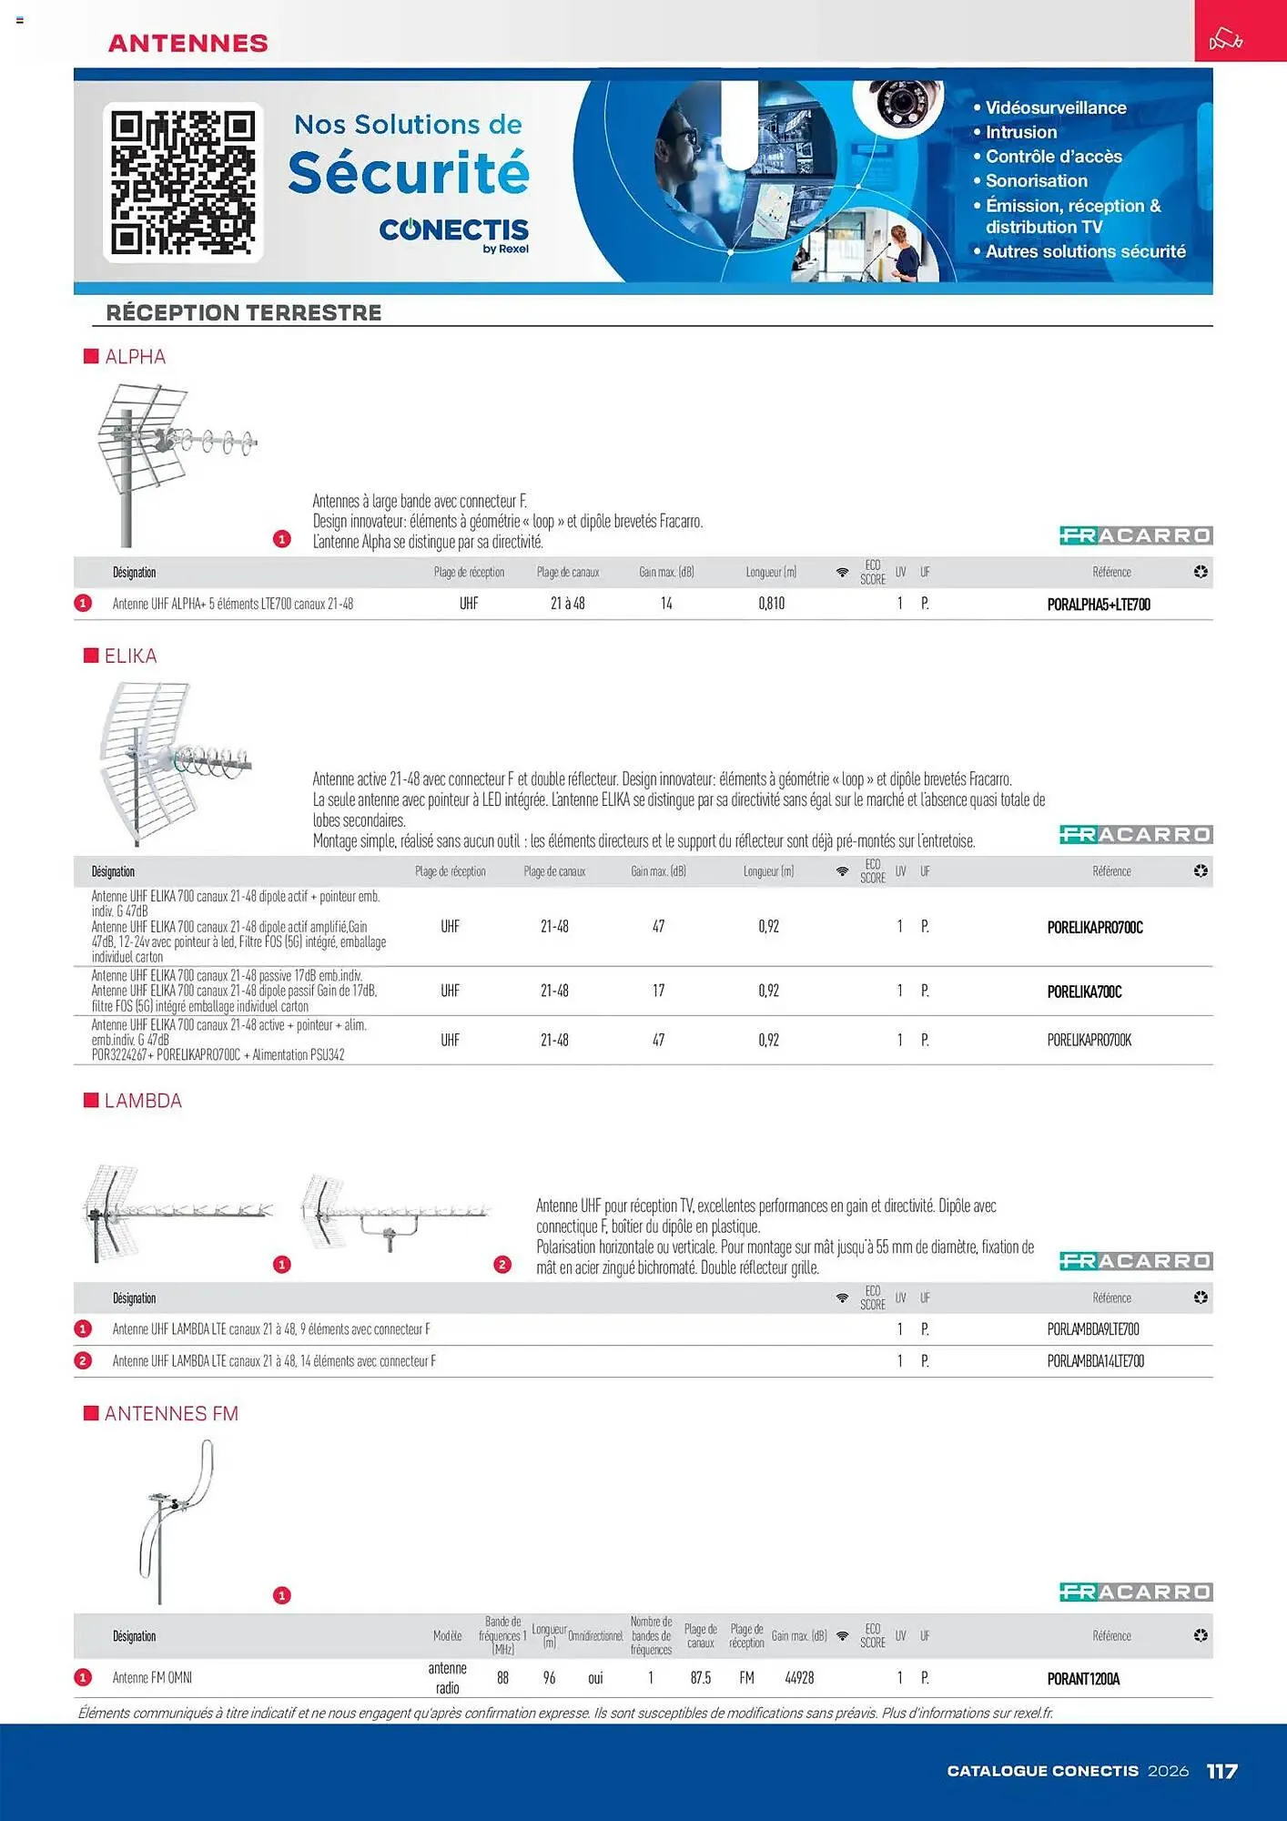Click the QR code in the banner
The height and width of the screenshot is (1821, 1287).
[x=183, y=182]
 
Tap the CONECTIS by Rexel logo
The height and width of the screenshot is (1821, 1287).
[x=453, y=234]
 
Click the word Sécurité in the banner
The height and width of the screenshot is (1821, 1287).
[x=409, y=173]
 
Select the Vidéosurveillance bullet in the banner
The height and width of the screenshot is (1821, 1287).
[x=1055, y=107]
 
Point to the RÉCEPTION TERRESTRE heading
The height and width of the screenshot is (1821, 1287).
[x=243, y=312]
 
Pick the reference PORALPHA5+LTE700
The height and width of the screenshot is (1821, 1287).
[x=1099, y=605]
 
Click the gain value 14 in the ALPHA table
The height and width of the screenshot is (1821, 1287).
[x=666, y=604]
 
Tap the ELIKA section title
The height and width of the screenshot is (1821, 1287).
[x=130, y=656]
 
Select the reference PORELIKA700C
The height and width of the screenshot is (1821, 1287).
[x=1084, y=992]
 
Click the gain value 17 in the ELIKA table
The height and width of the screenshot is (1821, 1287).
[x=658, y=991]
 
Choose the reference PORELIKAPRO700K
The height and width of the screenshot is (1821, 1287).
[x=1089, y=1040]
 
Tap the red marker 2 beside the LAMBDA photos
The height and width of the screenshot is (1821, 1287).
[x=502, y=1265]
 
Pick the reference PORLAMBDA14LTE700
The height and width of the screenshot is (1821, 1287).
[x=1095, y=1361]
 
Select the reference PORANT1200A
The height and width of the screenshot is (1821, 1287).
[x=1083, y=1679]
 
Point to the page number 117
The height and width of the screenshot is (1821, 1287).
[x=1221, y=1771]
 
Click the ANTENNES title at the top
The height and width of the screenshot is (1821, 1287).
[x=187, y=43]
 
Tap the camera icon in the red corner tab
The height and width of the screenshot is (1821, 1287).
[x=1225, y=39]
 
